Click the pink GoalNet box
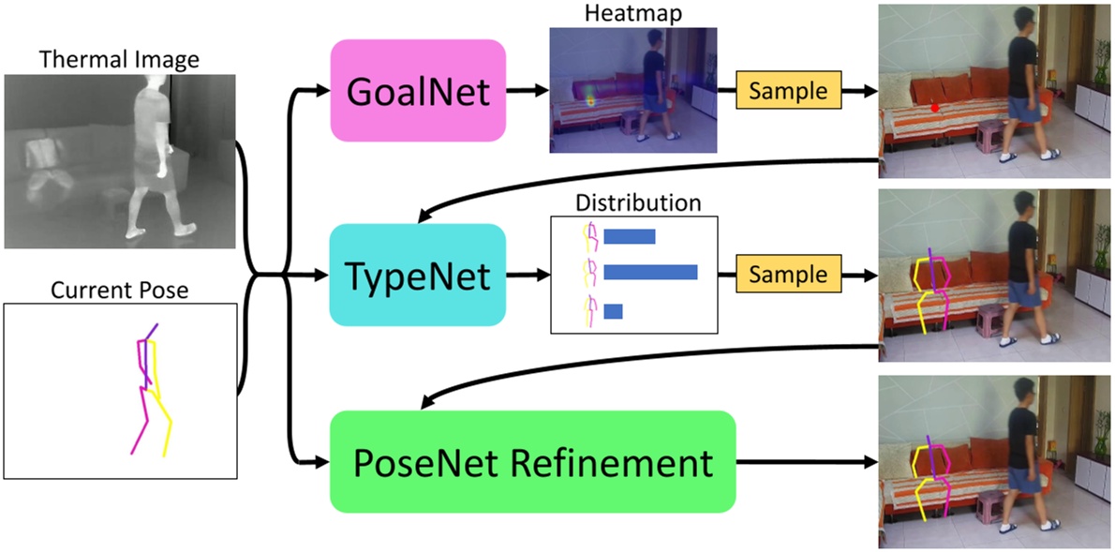[x=418, y=91]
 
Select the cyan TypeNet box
[x=418, y=276]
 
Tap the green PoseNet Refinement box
[x=533, y=462]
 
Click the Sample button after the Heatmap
[x=788, y=91]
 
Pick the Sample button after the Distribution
[x=788, y=274]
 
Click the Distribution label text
[x=638, y=202]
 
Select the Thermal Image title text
[x=119, y=60]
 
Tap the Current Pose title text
[x=119, y=290]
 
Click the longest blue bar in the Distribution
[x=650, y=272]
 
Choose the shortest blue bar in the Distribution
[x=613, y=310]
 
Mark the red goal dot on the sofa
[x=935, y=108]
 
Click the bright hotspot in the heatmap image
[x=591, y=96]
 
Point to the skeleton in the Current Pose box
[x=150, y=389]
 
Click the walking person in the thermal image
[x=153, y=159]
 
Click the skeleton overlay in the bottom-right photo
[x=930, y=473]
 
